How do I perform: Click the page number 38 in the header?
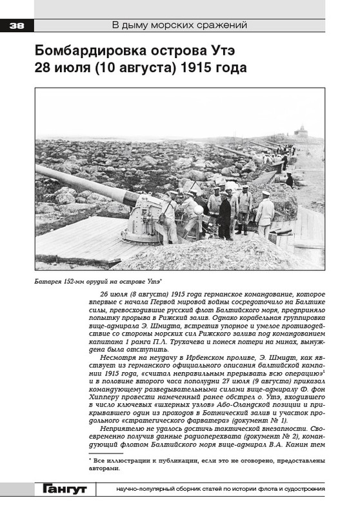pyautogui.click(x=16, y=26)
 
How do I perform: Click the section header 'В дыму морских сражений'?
pyautogui.click(x=180, y=26)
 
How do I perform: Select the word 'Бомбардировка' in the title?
pyautogui.click(x=90, y=50)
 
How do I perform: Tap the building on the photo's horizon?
pyautogui.click(x=301, y=131)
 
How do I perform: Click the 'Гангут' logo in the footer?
pyautogui.click(x=65, y=490)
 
